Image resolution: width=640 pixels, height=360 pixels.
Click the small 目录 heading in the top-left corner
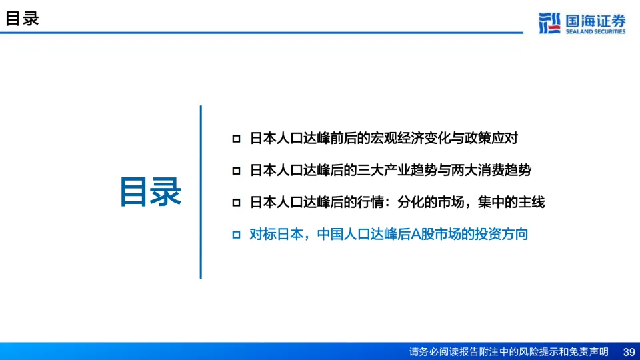point(22,19)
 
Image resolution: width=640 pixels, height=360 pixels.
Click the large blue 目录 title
point(150,192)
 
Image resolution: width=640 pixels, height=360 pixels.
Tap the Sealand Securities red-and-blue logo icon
point(549,23)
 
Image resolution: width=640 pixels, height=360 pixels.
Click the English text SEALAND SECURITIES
point(595,31)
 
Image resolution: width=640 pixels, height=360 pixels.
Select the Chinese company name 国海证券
point(595,21)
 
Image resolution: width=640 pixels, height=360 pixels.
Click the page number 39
point(629,352)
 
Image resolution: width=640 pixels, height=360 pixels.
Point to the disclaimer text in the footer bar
point(509,352)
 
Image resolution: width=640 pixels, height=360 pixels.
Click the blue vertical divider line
point(201,192)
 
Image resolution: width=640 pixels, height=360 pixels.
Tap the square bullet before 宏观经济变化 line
point(236,139)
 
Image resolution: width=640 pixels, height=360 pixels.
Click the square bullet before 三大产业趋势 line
point(236,171)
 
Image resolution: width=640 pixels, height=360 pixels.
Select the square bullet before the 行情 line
point(236,203)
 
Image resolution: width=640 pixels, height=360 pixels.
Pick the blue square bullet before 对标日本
point(236,234)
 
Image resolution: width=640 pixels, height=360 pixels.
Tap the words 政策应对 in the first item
point(491,139)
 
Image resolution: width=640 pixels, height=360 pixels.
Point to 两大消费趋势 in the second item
point(491,170)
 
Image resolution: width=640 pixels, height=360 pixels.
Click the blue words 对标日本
point(276,234)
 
